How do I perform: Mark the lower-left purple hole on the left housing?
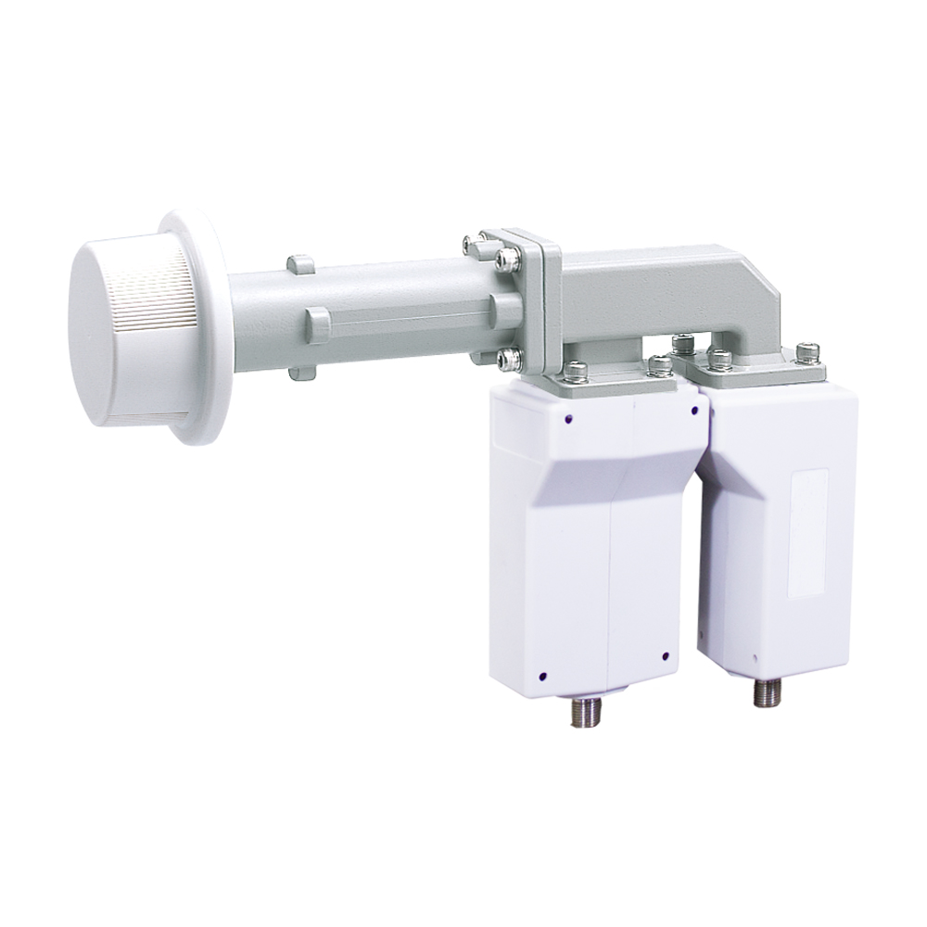pos(544,674)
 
